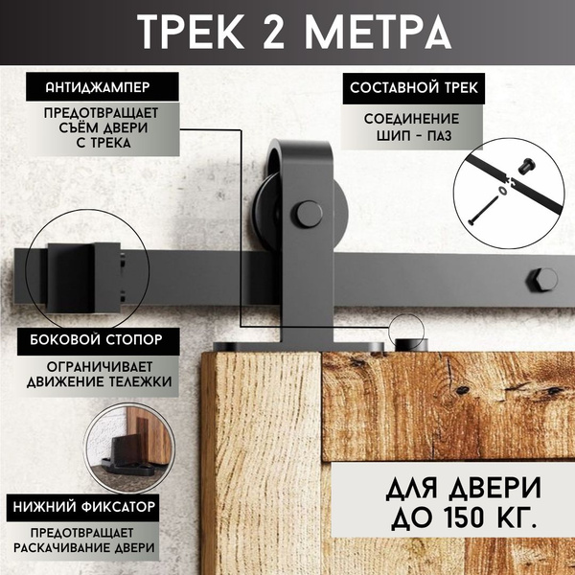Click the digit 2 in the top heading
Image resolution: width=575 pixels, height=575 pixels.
pos(273,32)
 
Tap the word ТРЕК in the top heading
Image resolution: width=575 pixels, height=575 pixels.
pos(191,32)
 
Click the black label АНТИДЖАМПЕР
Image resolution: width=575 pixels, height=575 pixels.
pos(103,87)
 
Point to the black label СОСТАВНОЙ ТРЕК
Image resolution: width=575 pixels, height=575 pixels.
pos(414,88)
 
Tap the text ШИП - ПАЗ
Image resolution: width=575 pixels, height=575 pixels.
pos(414,136)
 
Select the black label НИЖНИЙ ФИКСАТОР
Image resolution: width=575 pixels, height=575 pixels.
pos(82,508)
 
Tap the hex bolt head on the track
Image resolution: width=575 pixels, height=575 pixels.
pos(542,280)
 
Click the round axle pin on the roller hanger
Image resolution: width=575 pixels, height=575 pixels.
pos(308,214)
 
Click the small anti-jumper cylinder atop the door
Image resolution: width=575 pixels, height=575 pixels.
pos(411,345)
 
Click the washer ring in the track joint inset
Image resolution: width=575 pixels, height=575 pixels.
pos(502,191)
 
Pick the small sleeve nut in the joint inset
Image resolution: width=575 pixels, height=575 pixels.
pos(526,166)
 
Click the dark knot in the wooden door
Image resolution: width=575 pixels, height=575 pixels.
pos(462,390)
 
